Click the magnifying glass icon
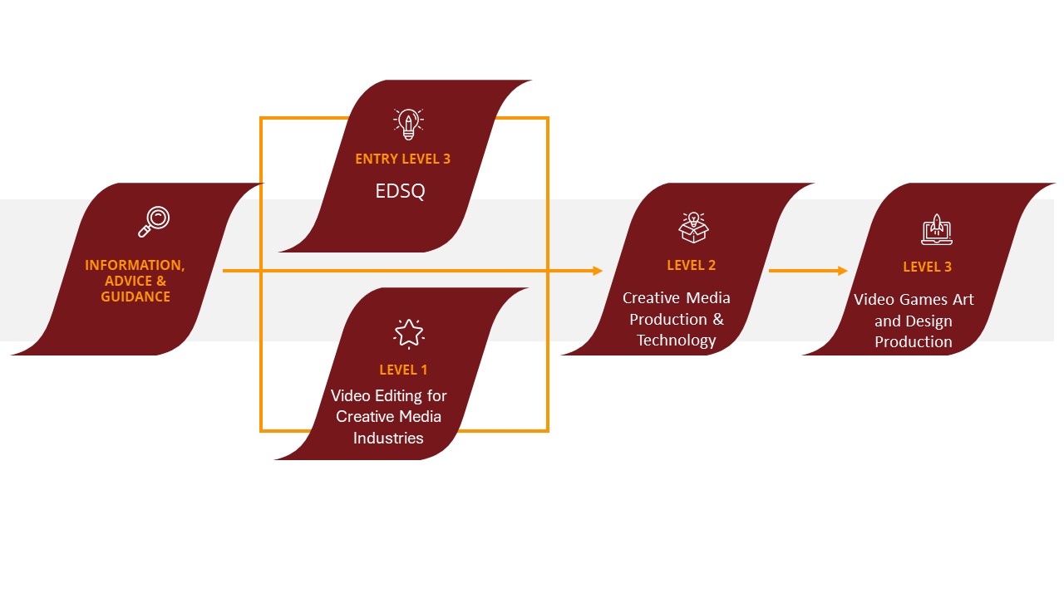[x=154, y=221]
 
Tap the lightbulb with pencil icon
[x=407, y=124]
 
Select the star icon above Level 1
[x=408, y=333]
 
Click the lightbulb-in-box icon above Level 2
[x=693, y=226]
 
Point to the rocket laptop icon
[x=936, y=230]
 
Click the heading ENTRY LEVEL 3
[x=402, y=159]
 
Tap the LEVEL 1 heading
[x=403, y=370]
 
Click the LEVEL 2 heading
[x=691, y=266]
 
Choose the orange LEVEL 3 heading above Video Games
[x=927, y=267]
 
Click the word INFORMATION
[x=135, y=266]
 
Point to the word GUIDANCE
[x=135, y=297]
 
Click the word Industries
[x=388, y=438]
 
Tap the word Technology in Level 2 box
[x=676, y=340]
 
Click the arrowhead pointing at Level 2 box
[x=598, y=271]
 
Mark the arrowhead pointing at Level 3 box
[x=843, y=271]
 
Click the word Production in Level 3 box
[x=914, y=341]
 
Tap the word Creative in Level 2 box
[x=651, y=297]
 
